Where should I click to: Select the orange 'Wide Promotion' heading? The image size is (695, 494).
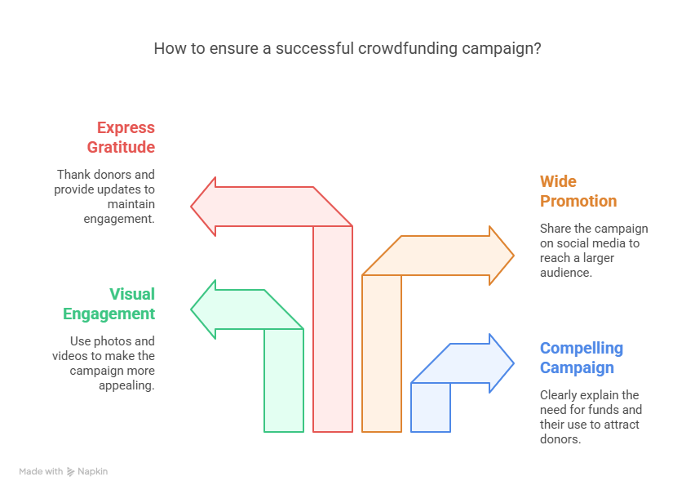(x=578, y=191)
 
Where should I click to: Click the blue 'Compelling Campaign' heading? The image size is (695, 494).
(x=581, y=358)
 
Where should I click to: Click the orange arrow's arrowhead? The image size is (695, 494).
(x=500, y=256)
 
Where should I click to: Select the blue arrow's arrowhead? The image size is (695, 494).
(x=500, y=363)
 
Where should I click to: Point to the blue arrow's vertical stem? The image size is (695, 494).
(x=431, y=407)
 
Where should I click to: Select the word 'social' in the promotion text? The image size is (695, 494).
(x=571, y=243)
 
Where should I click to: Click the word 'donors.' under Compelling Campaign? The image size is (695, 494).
(x=560, y=439)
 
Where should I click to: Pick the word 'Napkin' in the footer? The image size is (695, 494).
(x=93, y=471)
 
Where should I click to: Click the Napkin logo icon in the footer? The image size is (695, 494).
(x=71, y=471)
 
